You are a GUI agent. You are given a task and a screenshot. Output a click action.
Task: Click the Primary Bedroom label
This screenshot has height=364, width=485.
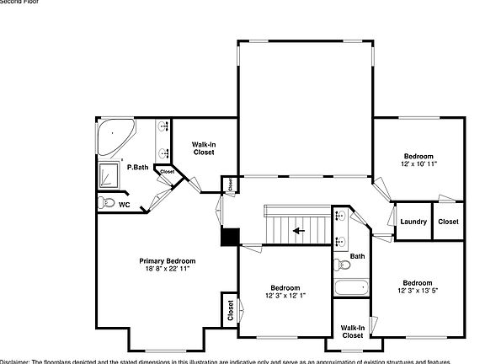tap(168, 261)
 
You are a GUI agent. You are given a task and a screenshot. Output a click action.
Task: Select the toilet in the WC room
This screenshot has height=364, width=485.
tap(105, 203)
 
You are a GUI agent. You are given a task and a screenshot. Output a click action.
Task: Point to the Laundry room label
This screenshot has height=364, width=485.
tap(413, 222)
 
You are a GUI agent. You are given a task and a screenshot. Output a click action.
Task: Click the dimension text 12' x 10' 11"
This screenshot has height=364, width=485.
tap(418, 164)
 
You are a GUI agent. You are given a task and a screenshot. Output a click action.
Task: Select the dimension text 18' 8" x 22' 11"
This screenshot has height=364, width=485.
tap(168, 269)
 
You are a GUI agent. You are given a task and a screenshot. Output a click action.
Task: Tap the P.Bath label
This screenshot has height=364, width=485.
tap(138, 168)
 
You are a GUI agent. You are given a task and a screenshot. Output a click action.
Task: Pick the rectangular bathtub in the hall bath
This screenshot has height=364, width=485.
tap(351, 288)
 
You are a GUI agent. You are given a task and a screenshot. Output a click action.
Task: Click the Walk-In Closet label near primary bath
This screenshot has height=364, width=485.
tap(204, 148)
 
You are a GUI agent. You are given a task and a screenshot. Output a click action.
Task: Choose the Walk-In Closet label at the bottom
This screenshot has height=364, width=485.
tap(353, 331)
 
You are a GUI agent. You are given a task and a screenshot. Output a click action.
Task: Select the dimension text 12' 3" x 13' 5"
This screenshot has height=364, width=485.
tap(417, 291)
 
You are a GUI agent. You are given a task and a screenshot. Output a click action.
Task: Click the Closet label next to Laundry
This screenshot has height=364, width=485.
tap(449, 222)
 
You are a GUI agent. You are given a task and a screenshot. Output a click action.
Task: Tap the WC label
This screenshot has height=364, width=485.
tap(124, 205)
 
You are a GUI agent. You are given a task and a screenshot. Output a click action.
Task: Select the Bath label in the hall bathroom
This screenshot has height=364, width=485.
tap(358, 256)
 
